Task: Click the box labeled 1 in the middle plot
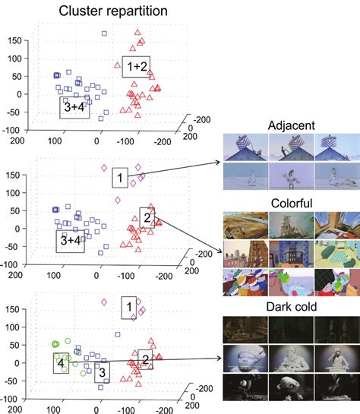119,178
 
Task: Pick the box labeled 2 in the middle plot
149,218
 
